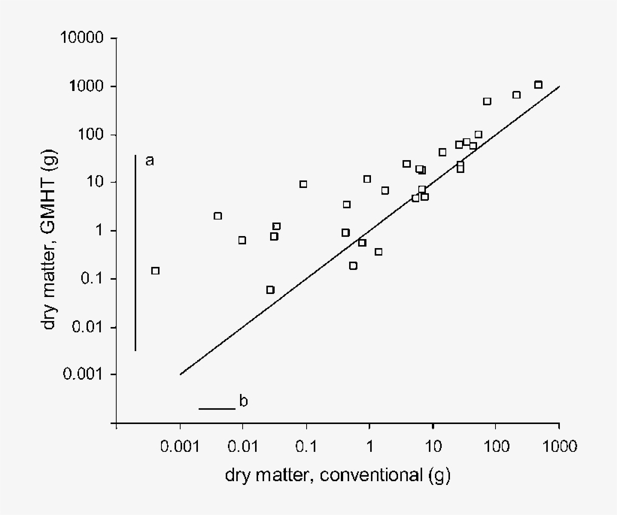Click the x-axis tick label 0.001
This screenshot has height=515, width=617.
pos(180,447)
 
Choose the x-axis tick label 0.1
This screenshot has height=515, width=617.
pos(306,447)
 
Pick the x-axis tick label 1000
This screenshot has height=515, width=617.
pos(558,447)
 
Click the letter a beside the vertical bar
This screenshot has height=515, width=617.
pos(149,160)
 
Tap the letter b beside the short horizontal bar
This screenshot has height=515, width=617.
pos(243,401)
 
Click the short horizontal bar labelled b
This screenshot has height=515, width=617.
pos(217,409)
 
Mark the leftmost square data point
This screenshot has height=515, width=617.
pos(155,271)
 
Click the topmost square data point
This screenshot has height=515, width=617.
pos(538,85)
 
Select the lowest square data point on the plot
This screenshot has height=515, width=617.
pos(270,289)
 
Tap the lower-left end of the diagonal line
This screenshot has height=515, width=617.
pos(181,374)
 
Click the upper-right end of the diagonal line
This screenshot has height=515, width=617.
pos(559,86)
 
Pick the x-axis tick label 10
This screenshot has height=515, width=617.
pos(433,447)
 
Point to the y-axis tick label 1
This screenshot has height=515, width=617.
pos(103,231)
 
